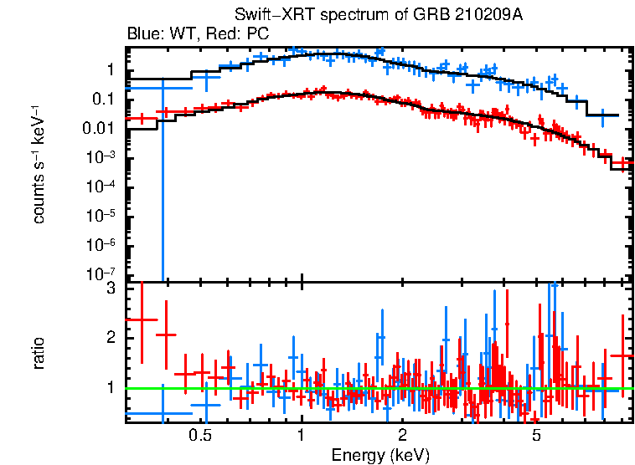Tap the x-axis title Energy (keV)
(380, 455)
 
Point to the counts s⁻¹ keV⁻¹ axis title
(39, 165)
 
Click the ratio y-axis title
(39, 354)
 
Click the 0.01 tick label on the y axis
(105, 128)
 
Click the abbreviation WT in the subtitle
(178, 34)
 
